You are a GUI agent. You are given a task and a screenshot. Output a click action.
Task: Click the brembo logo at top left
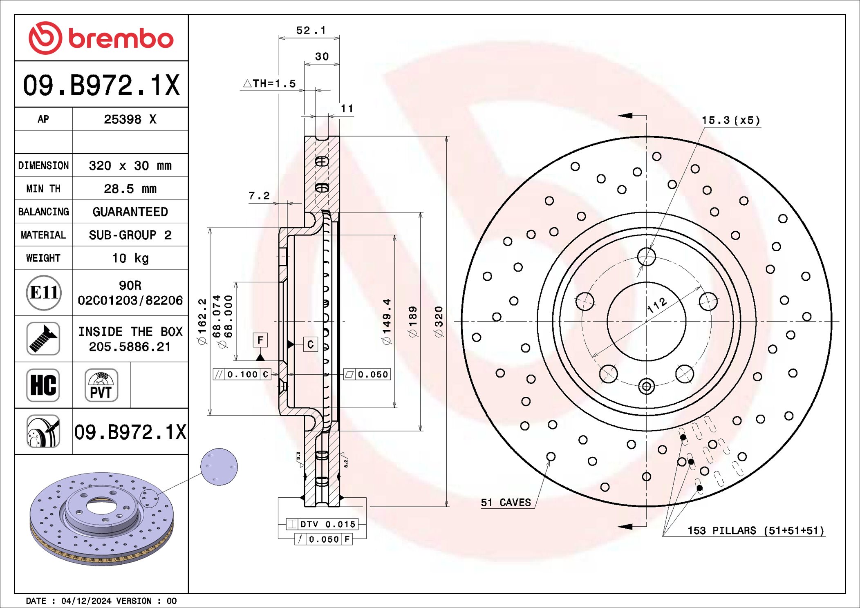tap(101, 38)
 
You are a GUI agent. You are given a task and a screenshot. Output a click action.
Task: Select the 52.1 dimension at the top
tap(311, 30)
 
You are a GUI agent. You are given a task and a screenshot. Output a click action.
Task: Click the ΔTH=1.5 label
tap(270, 83)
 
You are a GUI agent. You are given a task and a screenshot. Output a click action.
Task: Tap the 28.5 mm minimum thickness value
tap(130, 189)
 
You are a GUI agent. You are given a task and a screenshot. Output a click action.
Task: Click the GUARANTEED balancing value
tap(130, 212)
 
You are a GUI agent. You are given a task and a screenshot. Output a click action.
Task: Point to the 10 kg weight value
tap(130, 258)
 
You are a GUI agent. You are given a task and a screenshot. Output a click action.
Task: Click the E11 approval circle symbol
tap(44, 293)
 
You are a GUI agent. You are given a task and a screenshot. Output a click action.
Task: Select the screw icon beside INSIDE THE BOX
tap(43, 339)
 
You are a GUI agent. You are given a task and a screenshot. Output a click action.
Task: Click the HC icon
tap(43, 385)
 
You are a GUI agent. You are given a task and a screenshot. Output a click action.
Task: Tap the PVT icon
tap(101, 385)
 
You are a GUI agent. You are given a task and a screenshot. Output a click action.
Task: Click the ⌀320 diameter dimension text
tap(439, 322)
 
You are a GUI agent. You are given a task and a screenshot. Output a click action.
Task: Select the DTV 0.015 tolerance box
tap(322, 524)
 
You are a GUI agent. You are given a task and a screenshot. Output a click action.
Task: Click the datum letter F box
tap(260, 340)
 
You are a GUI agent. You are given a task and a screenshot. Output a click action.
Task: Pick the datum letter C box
tap(310, 344)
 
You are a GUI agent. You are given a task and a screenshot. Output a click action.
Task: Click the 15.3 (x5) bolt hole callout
tap(731, 120)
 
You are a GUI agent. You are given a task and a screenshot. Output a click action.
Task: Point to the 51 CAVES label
tap(506, 503)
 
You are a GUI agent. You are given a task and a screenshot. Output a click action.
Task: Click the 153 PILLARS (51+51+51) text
tap(755, 530)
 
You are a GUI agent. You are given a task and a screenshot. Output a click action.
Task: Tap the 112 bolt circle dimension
tap(657, 305)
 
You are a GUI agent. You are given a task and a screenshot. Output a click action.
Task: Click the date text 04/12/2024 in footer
tap(86, 601)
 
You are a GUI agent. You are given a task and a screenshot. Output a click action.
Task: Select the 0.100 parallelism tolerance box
tap(242, 374)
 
